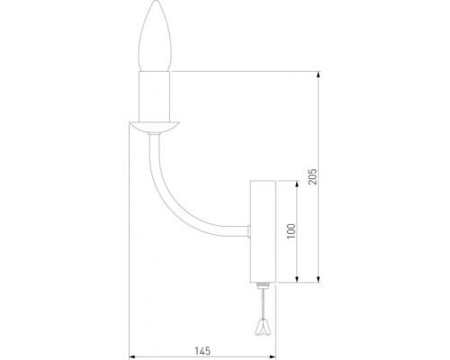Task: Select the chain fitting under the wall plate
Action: [262, 285]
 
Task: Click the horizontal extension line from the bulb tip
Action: [243, 70]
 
